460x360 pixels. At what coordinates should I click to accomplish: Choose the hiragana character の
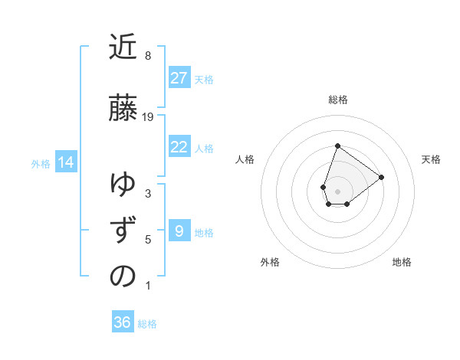tap(123, 277)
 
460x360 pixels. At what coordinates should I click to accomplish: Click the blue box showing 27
tap(179, 78)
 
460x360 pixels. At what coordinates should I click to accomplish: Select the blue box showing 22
tap(179, 147)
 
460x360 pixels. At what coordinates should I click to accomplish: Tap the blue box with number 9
tap(179, 231)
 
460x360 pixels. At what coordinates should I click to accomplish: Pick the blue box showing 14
tap(66, 162)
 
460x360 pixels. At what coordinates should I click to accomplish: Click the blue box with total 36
tap(123, 322)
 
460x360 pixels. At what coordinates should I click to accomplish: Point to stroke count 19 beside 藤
tap(148, 116)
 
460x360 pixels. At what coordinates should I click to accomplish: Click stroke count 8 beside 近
tap(148, 55)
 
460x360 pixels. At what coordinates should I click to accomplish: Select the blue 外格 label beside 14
tap(41, 163)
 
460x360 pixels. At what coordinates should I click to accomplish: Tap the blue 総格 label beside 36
tap(147, 324)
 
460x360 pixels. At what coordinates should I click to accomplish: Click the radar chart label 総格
tap(337, 100)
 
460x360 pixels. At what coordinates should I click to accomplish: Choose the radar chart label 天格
tap(431, 159)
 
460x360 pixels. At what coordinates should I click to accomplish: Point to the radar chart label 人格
tap(245, 159)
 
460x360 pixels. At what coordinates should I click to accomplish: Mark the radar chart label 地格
tap(402, 262)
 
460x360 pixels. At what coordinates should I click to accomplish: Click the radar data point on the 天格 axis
tap(381, 177)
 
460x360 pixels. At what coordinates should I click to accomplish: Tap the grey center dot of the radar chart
tap(337, 190)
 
